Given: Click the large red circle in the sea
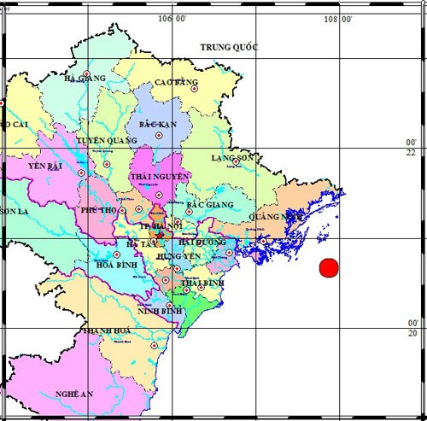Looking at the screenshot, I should coord(329,267).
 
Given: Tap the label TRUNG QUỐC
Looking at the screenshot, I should coord(228,47).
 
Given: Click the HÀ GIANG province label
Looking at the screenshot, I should coord(85,79).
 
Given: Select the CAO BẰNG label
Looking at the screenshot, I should coord(176,83).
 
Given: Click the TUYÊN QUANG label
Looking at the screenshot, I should coord(107,140).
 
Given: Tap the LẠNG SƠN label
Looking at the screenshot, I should coord(234,158).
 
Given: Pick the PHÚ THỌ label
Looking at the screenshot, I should coord(97,209).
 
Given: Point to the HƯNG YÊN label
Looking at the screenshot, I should coord(178,255).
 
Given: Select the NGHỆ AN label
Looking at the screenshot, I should coord(73,394).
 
